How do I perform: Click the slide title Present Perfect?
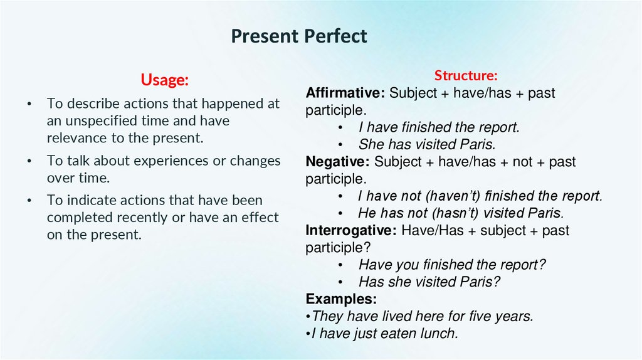pyautogui.click(x=298, y=36)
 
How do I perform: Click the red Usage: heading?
pyautogui.click(x=164, y=80)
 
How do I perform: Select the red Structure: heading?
pyautogui.click(x=466, y=76)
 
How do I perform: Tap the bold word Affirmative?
pyautogui.click(x=345, y=93)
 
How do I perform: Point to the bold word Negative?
pyautogui.click(x=338, y=162)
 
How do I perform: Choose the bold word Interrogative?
pyautogui.click(x=351, y=230)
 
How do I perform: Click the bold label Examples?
pyautogui.click(x=341, y=299)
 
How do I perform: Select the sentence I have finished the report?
pyautogui.click(x=439, y=128)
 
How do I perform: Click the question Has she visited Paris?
pyautogui.click(x=429, y=282)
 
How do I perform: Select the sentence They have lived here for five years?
pyautogui.click(x=422, y=317)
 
